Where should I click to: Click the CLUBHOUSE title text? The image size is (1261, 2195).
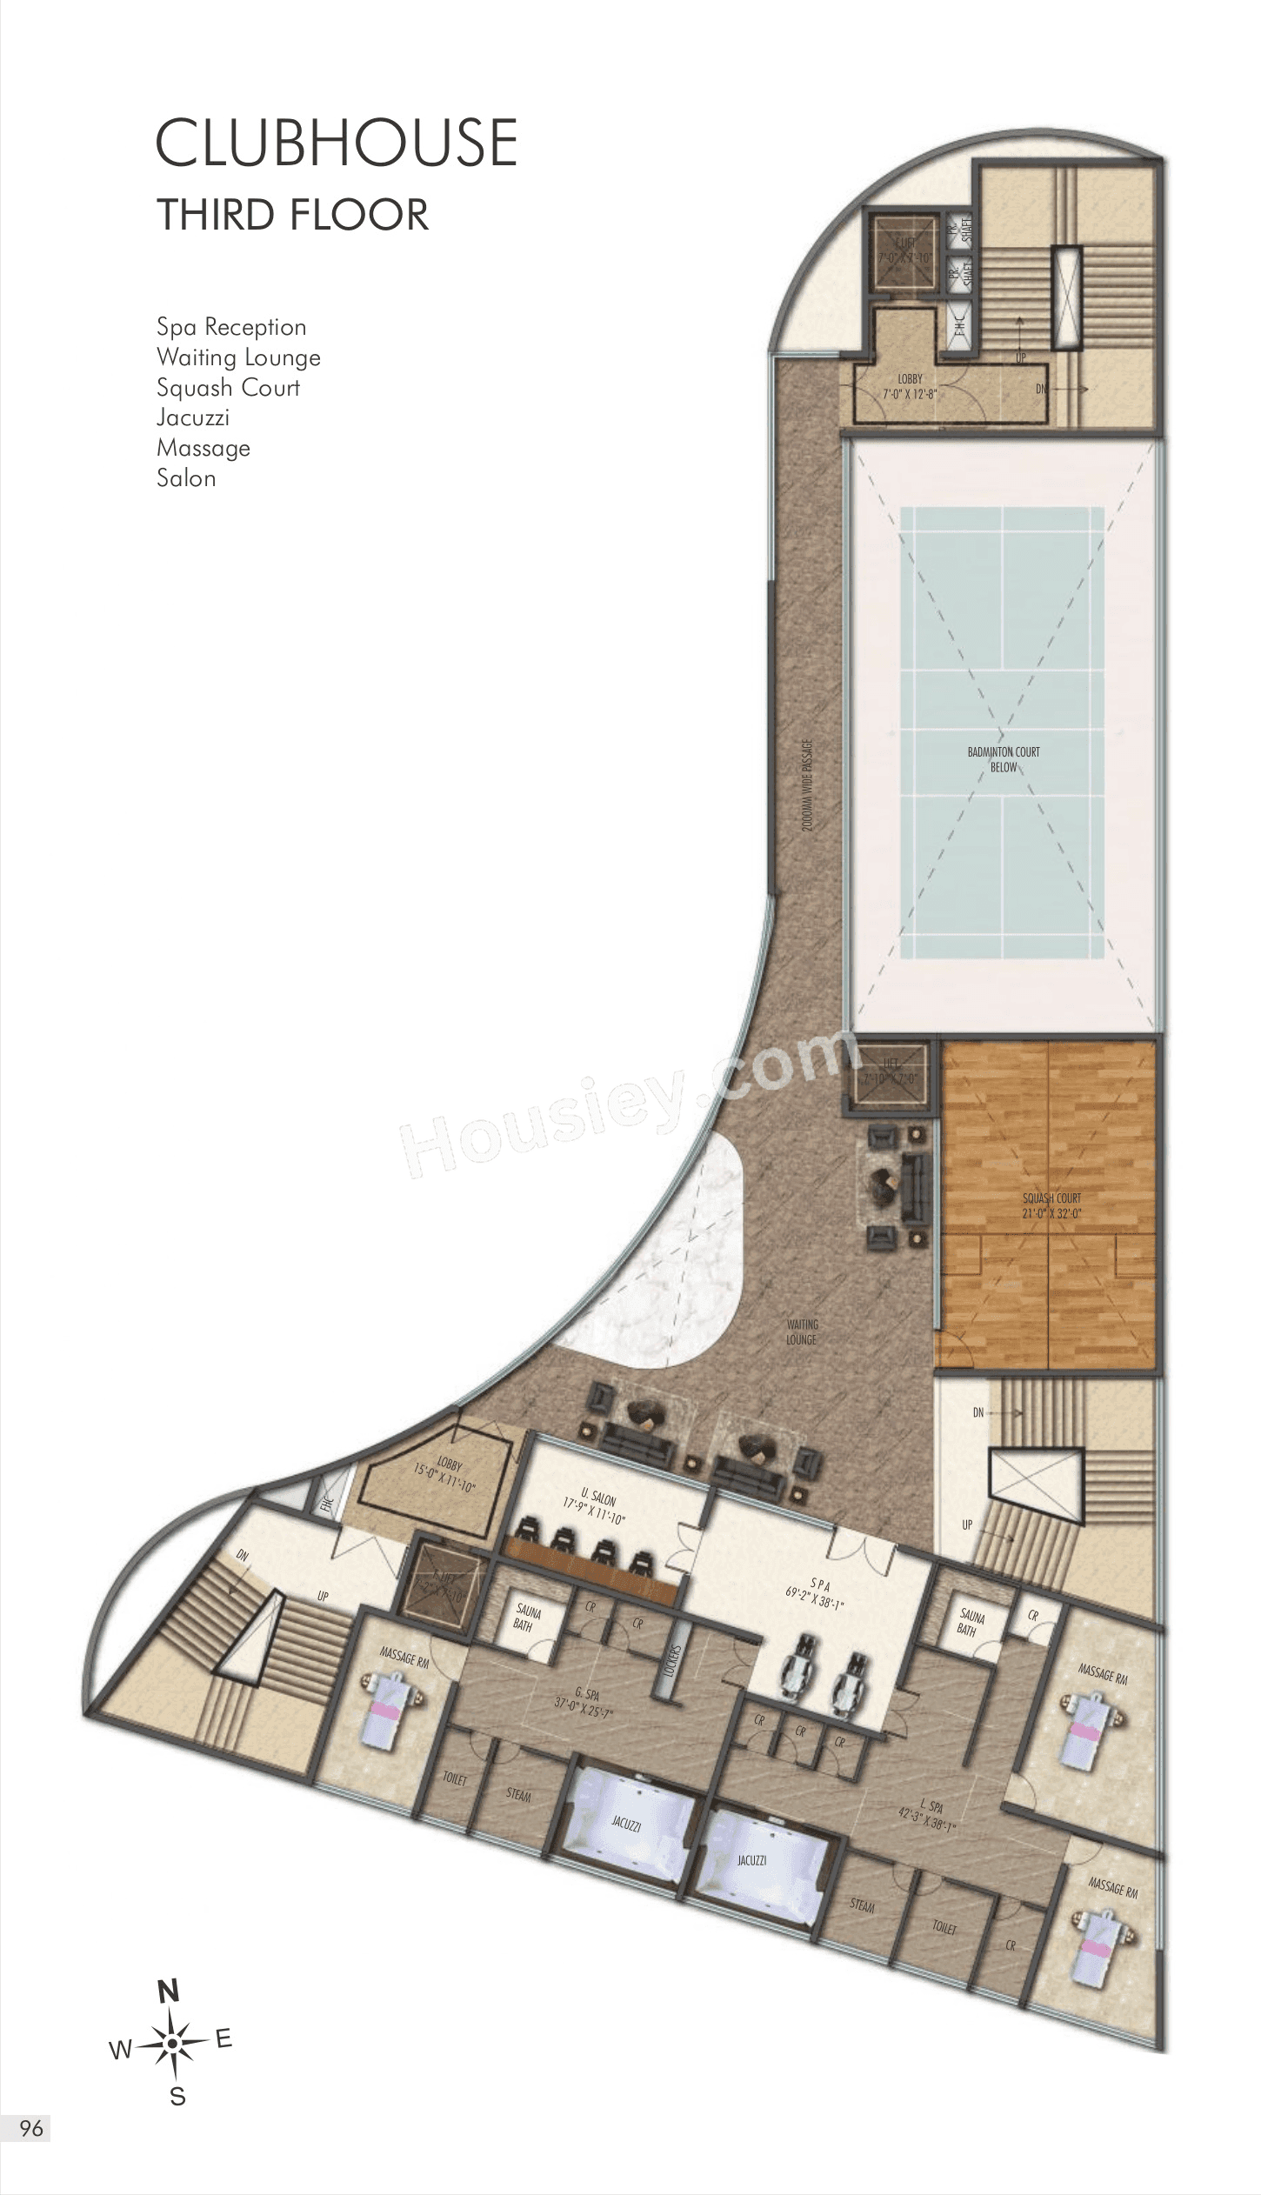[337, 143]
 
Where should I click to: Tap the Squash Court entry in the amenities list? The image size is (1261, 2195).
[228, 388]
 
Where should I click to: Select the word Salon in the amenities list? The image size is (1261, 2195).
[186, 478]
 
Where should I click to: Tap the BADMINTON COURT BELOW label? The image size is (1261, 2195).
[1003, 759]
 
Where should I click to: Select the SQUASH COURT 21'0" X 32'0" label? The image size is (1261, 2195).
[1051, 1205]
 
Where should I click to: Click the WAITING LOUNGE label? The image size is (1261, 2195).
[802, 1332]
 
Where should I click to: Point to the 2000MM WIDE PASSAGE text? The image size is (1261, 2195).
[808, 787]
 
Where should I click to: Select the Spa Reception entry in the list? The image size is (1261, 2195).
[231, 327]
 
